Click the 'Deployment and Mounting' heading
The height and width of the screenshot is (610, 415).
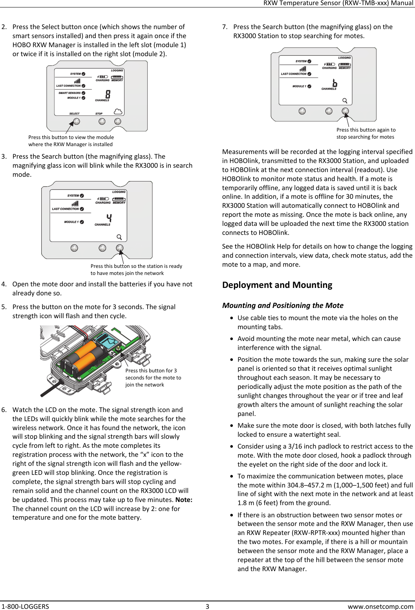click(277, 285)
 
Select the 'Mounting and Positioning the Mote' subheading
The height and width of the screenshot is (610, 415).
click(282, 305)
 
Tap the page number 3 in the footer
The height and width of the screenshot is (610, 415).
click(207, 606)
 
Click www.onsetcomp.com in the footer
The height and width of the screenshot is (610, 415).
click(380, 606)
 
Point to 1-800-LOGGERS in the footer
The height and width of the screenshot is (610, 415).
click(25, 606)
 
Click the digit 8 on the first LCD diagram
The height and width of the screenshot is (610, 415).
click(108, 94)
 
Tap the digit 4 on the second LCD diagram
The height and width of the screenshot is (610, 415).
click(109, 218)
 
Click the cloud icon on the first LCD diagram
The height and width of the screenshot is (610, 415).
click(118, 112)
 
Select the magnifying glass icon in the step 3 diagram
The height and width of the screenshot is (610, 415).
click(119, 237)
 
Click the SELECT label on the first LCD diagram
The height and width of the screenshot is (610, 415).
click(74, 114)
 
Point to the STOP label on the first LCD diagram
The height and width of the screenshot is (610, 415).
click(99, 114)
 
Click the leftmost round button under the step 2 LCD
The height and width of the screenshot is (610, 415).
click(77, 121)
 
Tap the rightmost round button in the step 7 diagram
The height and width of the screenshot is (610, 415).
click(345, 111)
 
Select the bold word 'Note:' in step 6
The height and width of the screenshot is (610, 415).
click(184, 500)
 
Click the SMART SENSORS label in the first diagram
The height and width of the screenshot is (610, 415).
click(69, 93)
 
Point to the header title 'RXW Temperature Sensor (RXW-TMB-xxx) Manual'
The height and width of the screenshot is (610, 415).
click(338, 3)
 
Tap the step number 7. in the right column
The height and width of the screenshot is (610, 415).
click(225, 27)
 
